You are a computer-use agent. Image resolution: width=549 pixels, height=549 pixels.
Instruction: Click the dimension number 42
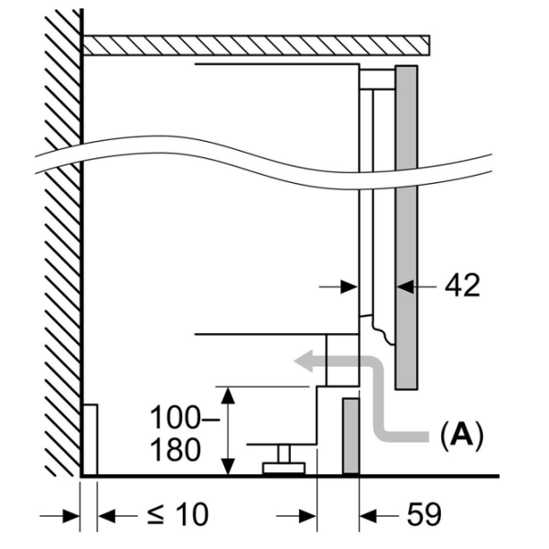(x=462, y=285)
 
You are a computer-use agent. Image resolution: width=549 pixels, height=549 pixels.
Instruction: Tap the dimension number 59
(x=424, y=514)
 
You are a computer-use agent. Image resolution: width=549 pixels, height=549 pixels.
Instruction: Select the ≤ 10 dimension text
(x=178, y=514)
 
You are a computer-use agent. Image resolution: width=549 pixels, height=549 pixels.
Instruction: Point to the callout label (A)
(x=462, y=436)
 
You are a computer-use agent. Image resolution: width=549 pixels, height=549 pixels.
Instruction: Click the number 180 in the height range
(x=176, y=450)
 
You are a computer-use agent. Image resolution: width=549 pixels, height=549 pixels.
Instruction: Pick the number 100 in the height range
(x=175, y=417)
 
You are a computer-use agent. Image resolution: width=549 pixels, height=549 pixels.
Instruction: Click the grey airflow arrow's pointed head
(x=303, y=361)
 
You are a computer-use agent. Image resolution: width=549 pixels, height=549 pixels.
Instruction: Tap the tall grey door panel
(x=406, y=228)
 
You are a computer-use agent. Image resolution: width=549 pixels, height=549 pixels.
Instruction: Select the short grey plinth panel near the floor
(x=350, y=436)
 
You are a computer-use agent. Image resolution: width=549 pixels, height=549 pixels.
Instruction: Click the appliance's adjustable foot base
(x=284, y=468)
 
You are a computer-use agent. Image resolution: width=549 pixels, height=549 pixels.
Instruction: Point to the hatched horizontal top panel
(x=256, y=45)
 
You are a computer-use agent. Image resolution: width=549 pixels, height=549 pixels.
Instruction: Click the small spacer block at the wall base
(x=91, y=440)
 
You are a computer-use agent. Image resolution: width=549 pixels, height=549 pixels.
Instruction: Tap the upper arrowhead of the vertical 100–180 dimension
(x=229, y=395)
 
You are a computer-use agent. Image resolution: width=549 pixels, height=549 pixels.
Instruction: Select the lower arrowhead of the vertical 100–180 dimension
(x=229, y=467)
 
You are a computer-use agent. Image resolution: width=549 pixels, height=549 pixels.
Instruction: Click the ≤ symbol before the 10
(x=156, y=515)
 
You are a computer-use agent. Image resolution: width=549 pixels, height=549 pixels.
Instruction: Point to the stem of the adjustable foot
(x=284, y=454)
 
